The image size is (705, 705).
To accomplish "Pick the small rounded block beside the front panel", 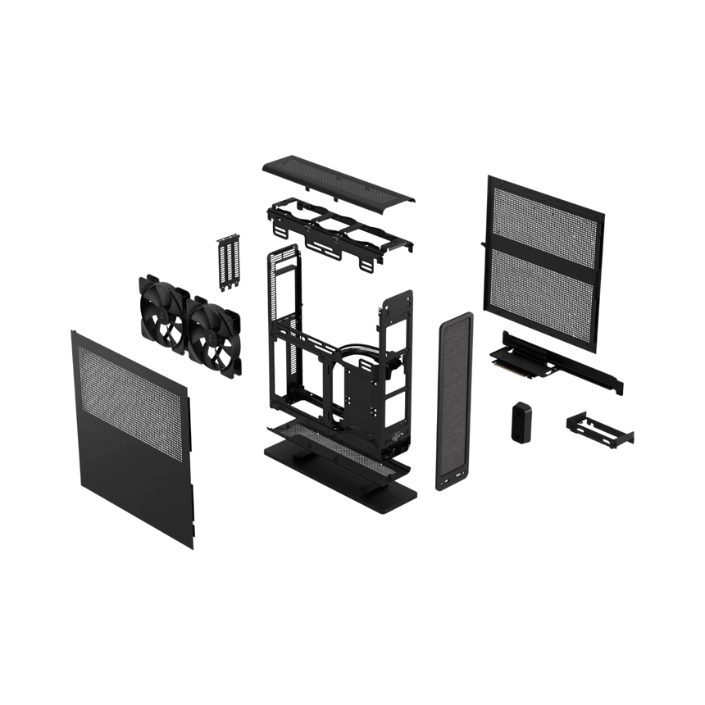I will tap(520, 421).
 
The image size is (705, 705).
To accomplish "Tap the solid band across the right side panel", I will tap(544, 237).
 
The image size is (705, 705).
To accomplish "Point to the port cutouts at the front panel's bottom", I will tap(453, 477).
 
